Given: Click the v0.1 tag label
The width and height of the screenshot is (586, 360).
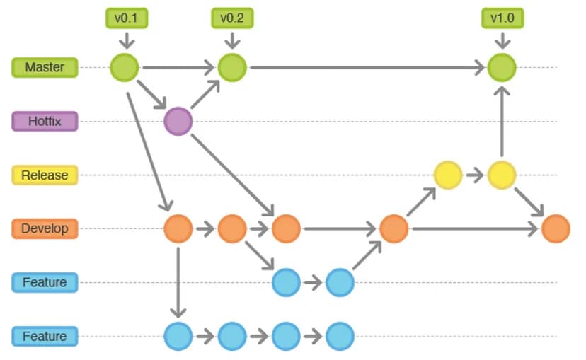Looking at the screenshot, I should (x=127, y=18).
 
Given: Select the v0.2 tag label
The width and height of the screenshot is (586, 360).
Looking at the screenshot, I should (x=232, y=18).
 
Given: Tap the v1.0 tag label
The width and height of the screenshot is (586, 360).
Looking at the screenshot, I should (x=502, y=18).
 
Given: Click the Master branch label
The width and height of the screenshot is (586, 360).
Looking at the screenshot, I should (x=45, y=67).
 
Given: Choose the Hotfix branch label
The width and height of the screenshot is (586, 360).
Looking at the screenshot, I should (x=45, y=121).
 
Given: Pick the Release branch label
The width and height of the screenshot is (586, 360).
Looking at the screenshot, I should (x=45, y=175).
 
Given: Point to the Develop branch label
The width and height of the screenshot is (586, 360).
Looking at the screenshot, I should (x=45, y=228).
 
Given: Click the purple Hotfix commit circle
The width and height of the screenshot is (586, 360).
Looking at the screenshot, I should (x=178, y=121).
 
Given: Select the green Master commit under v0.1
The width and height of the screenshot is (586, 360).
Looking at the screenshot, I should (x=125, y=68).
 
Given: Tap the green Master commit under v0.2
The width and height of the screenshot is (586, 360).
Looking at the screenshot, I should (x=231, y=68).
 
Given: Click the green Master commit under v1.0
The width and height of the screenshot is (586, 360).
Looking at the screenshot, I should (x=502, y=68).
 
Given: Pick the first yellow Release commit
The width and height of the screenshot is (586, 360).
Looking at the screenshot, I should (x=447, y=175).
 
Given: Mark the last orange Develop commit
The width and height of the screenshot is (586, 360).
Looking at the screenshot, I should (x=556, y=228).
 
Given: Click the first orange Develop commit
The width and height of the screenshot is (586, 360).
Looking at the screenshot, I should (x=178, y=228).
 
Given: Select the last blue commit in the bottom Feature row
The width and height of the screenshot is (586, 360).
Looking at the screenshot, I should (x=340, y=336).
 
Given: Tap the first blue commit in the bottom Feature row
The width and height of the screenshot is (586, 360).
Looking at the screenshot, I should (x=178, y=336).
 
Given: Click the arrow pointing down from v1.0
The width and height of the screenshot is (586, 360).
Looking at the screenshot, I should (x=502, y=40).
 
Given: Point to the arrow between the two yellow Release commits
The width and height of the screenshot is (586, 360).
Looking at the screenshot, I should (x=474, y=175).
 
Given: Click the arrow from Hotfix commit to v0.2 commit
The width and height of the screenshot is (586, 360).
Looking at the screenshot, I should (x=205, y=94).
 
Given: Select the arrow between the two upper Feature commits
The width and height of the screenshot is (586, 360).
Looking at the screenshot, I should (x=313, y=282).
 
